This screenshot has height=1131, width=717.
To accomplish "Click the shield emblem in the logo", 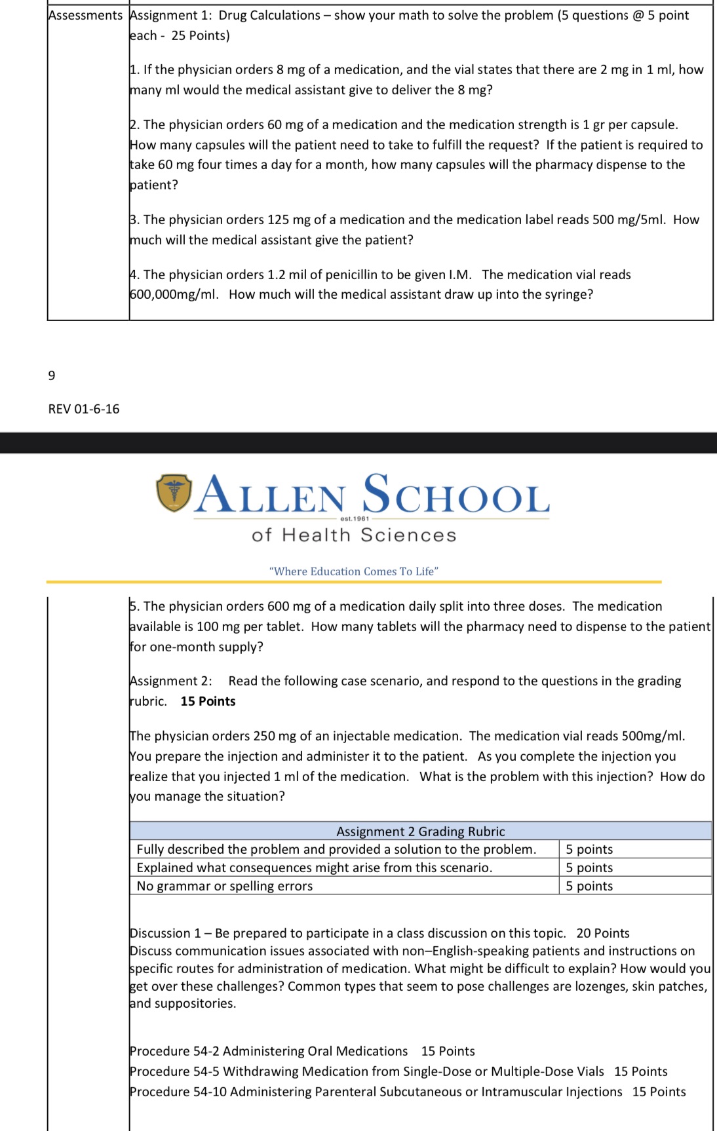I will [174, 493].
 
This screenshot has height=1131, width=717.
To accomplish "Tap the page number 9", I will [52, 375].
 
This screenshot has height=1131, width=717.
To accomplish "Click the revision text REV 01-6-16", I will [84, 409].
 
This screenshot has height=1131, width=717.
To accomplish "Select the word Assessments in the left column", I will [85, 15].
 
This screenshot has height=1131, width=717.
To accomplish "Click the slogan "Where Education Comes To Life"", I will [354, 571].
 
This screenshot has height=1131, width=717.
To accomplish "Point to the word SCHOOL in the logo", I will [456, 495].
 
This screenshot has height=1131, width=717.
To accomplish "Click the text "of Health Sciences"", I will [354, 535].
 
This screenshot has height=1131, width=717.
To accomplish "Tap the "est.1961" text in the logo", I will [355, 518].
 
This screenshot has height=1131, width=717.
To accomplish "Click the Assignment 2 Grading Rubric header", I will [420, 831].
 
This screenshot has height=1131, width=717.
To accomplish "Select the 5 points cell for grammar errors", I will [589, 886].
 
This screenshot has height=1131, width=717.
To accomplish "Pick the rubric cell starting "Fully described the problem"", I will [336, 849].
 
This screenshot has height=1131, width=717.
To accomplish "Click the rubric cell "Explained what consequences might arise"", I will [315, 868].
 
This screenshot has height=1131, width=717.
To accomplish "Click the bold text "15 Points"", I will [208, 701].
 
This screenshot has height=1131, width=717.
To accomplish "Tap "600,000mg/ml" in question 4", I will [174, 294].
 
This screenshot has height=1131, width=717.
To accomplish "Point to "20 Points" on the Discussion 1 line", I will [603, 933].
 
